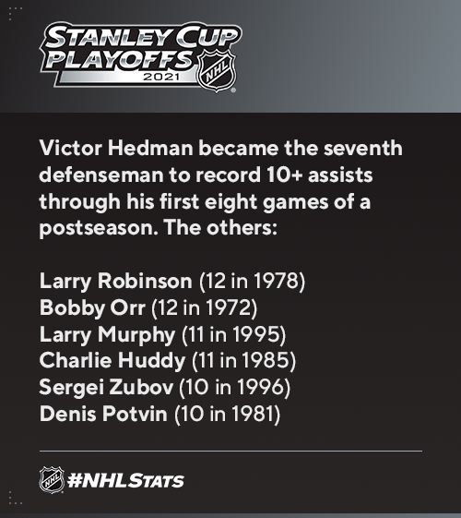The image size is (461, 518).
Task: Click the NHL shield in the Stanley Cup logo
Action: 217,70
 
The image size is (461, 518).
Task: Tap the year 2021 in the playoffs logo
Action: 161,77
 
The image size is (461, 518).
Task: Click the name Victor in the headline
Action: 71,148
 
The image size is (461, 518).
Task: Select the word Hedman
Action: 150,148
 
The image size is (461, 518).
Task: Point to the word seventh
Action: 362,148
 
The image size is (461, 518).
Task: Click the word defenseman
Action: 101,175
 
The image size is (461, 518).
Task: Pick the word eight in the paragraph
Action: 230,201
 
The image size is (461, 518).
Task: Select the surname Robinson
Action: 145,281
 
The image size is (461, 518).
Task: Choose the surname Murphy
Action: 136,334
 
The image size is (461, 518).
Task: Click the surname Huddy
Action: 152,360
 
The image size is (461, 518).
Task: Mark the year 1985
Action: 267,360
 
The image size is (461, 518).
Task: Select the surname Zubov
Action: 141,387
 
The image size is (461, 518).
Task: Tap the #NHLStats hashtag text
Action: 125,481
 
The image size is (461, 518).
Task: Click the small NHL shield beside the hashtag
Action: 52,480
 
